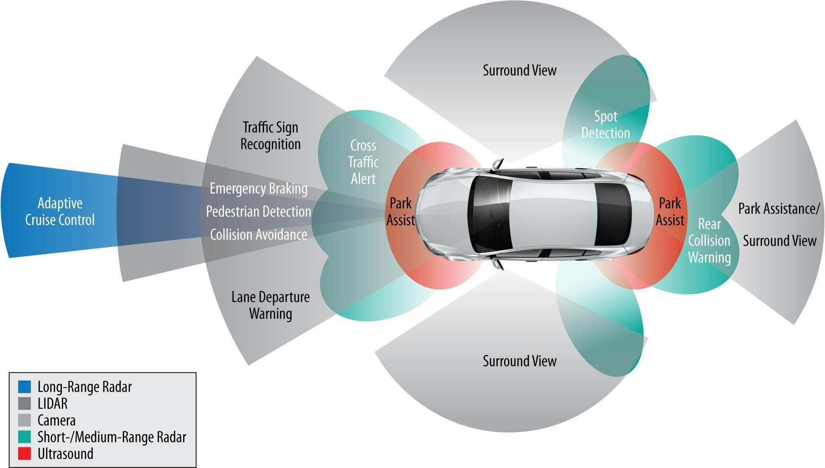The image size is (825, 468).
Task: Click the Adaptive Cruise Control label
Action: pos(60,212)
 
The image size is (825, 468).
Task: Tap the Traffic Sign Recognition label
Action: pos(271,136)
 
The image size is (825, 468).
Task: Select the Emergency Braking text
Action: pos(259,188)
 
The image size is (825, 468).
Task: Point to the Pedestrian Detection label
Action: pos(259,212)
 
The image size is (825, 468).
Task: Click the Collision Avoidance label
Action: pos(259,235)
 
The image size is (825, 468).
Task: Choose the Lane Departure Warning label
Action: pos(271,305)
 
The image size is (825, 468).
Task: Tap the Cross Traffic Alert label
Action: pos(363,162)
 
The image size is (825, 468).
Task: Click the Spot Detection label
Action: pos(606,125)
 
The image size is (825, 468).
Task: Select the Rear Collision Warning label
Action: pos(709,241)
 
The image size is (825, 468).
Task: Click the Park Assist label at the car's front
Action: pos(401,212)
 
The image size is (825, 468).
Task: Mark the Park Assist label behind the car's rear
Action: pos(670,212)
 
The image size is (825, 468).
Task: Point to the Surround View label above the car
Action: pos(519,71)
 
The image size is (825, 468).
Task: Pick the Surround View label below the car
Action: pos(519,361)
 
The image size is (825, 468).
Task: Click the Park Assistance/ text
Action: pos(779,209)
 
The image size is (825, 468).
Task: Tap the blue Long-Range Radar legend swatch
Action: pos(25,387)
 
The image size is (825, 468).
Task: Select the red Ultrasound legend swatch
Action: pos(25,454)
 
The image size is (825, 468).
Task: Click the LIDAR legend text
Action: pos(52,404)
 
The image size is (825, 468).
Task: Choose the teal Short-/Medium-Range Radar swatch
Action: pos(25,437)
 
